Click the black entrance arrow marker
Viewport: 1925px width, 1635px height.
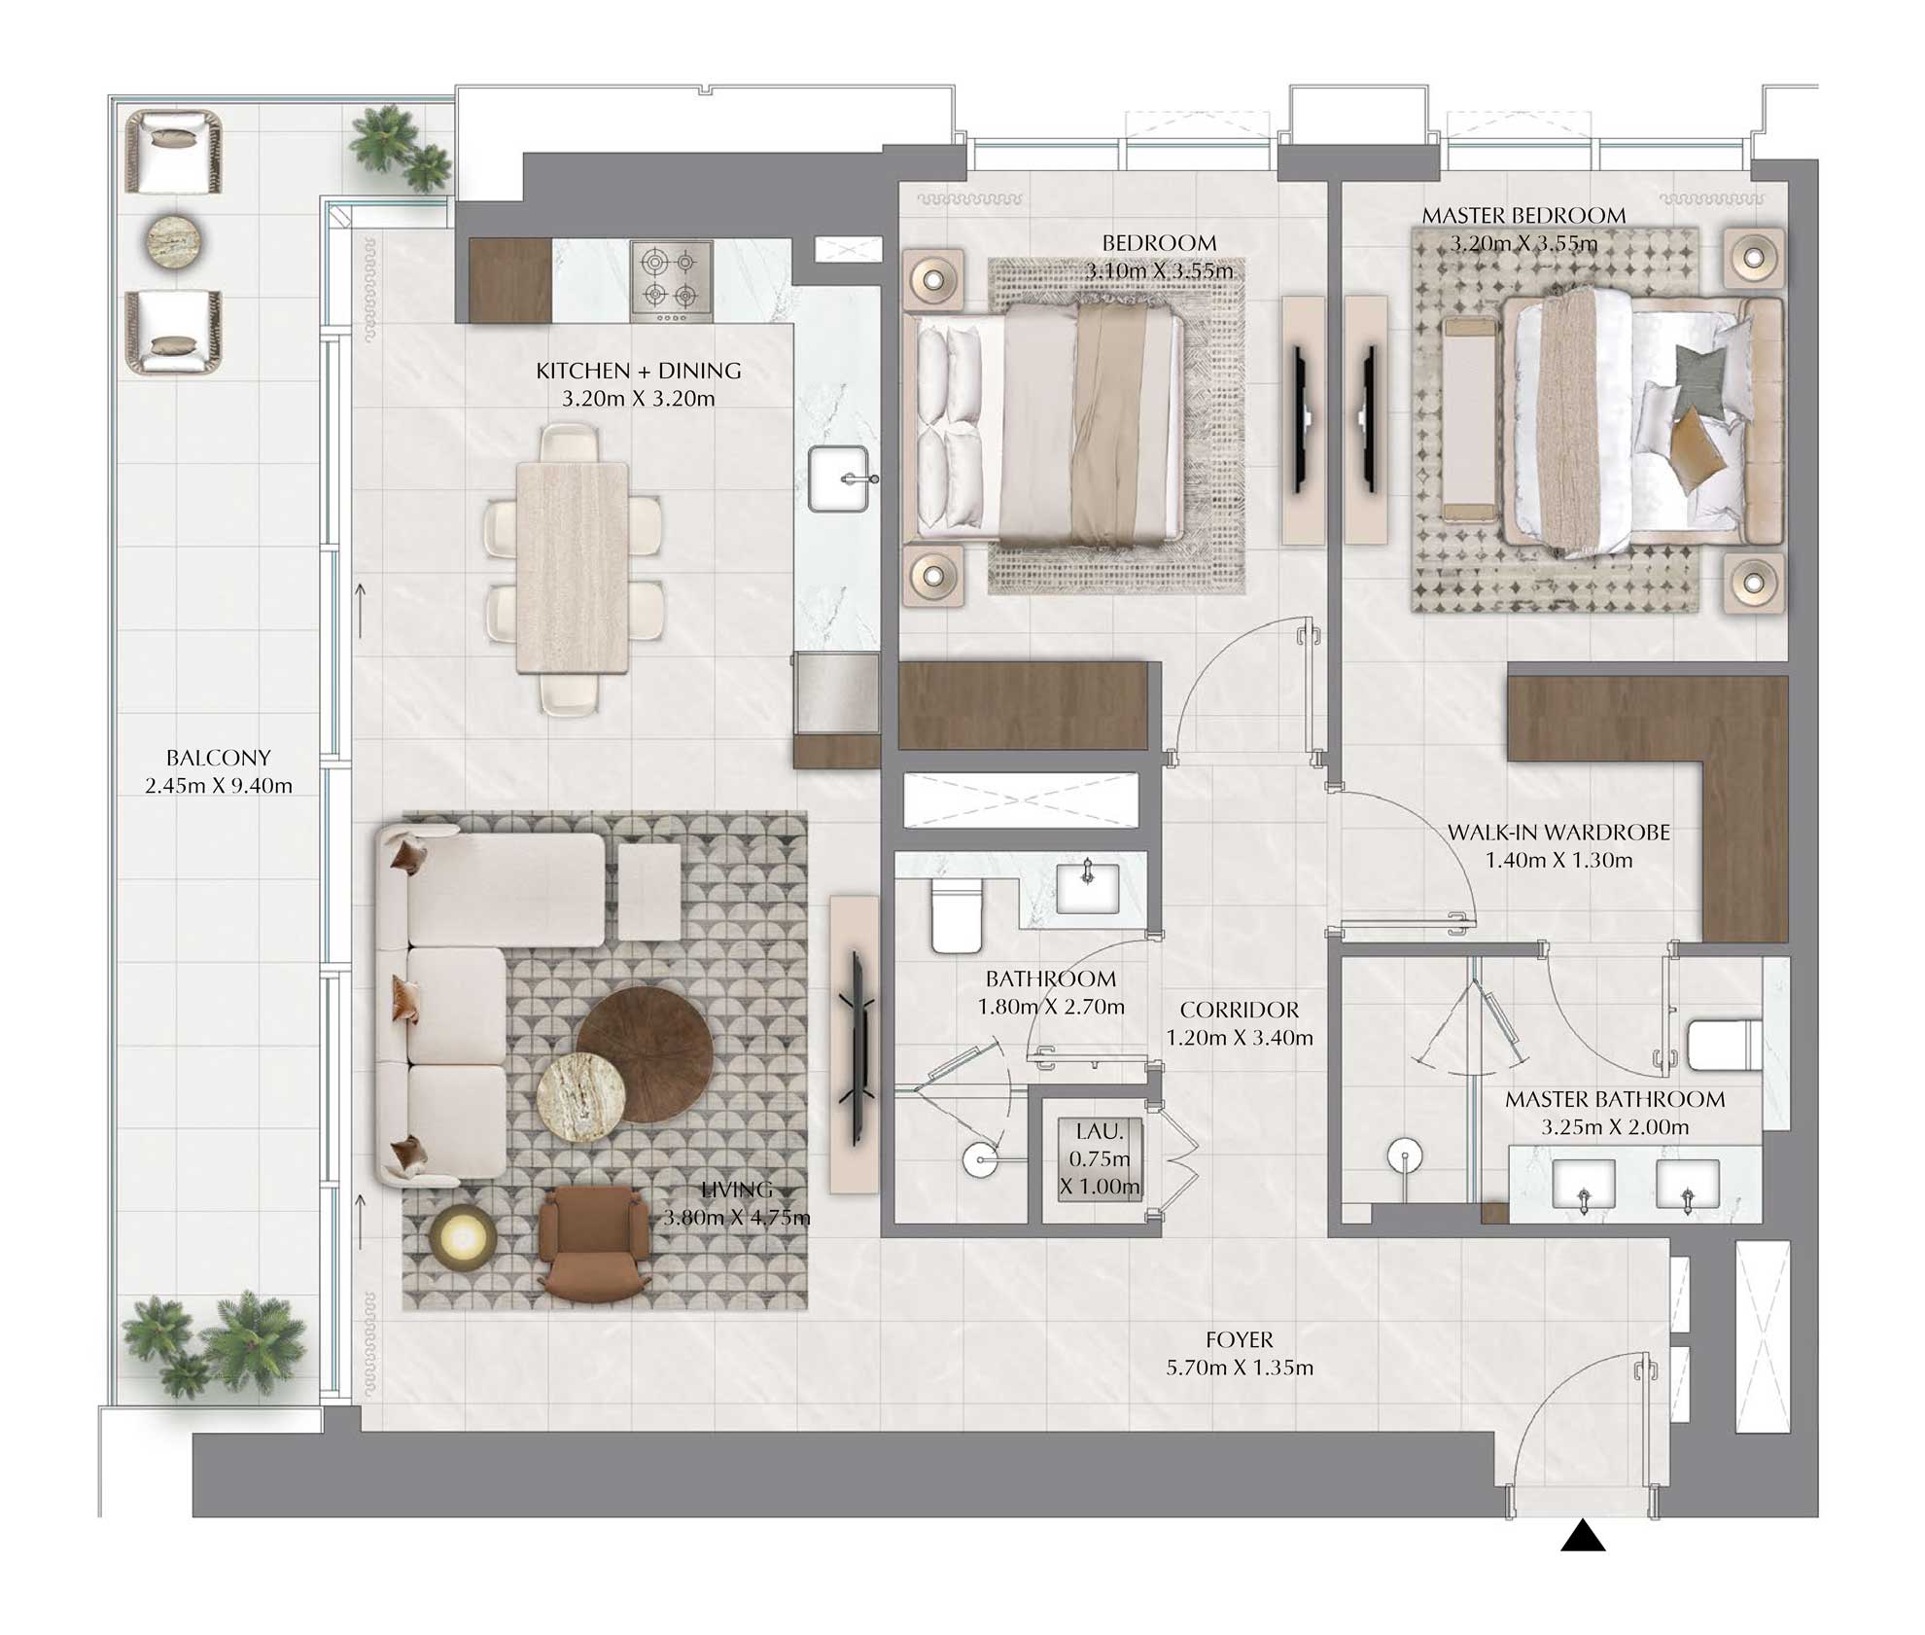click(x=1583, y=1536)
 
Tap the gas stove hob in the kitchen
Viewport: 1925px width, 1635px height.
click(x=671, y=281)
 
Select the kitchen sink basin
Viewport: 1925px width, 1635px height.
click(x=838, y=479)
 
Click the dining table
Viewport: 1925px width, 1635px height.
click(x=572, y=568)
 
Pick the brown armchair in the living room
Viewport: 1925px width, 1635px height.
click(x=593, y=1244)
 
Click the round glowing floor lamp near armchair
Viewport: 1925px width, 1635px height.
click(x=464, y=1237)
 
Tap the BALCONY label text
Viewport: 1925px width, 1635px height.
click(x=218, y=758)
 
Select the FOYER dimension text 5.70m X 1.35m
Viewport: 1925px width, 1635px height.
click(x=1240, y=1368)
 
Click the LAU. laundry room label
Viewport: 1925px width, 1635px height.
click(x=1100, y=1131)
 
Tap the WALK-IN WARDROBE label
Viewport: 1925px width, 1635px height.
click(x=1558, y=833)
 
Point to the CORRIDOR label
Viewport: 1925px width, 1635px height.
click(x=1240, y=1010)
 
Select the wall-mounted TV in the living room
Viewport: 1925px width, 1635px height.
click(x=857, y=1049)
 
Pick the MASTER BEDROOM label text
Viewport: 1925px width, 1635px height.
click(x=1523, y=216)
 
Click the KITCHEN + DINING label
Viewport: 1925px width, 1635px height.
click(x=638, y=371)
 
